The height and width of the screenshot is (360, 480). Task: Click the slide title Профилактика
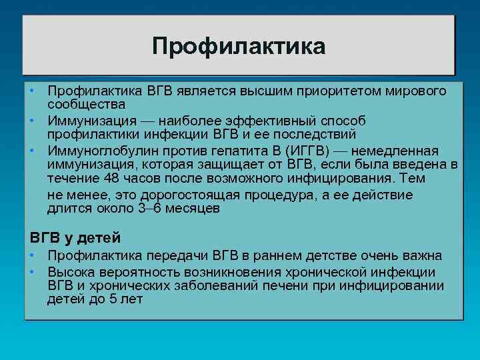(239, 46)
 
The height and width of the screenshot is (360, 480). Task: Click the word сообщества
(87, 105)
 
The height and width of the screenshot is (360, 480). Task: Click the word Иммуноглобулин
(97, 149)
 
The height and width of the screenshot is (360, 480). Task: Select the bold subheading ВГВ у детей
(75, 237)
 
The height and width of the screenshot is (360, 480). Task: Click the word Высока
(71, 272)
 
